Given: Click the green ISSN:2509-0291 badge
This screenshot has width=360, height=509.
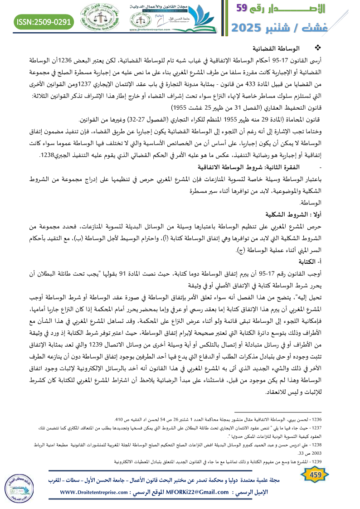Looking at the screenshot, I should (x=44, y=21).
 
